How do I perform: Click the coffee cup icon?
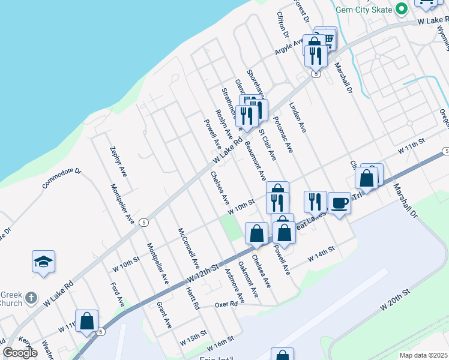[340, 202]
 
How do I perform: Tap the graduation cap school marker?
[43, 262]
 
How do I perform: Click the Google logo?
[20, 353]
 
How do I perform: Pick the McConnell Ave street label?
[188, 247]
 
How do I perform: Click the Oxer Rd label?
[226, 305]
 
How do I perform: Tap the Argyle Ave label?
[289, 44]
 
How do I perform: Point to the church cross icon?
[31, 297]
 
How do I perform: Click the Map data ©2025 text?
[424, 355]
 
